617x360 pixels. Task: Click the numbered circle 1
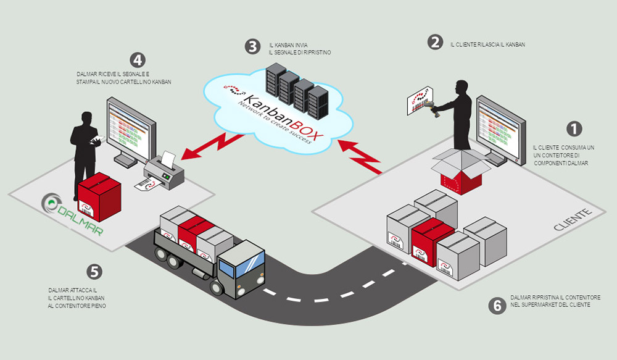[x=574, y=128]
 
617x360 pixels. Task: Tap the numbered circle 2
[x=436, y=43]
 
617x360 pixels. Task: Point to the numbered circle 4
[x=138, y=61]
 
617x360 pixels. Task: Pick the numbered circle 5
[x=94, y=271]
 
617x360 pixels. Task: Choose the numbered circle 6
[x=495, y=305]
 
